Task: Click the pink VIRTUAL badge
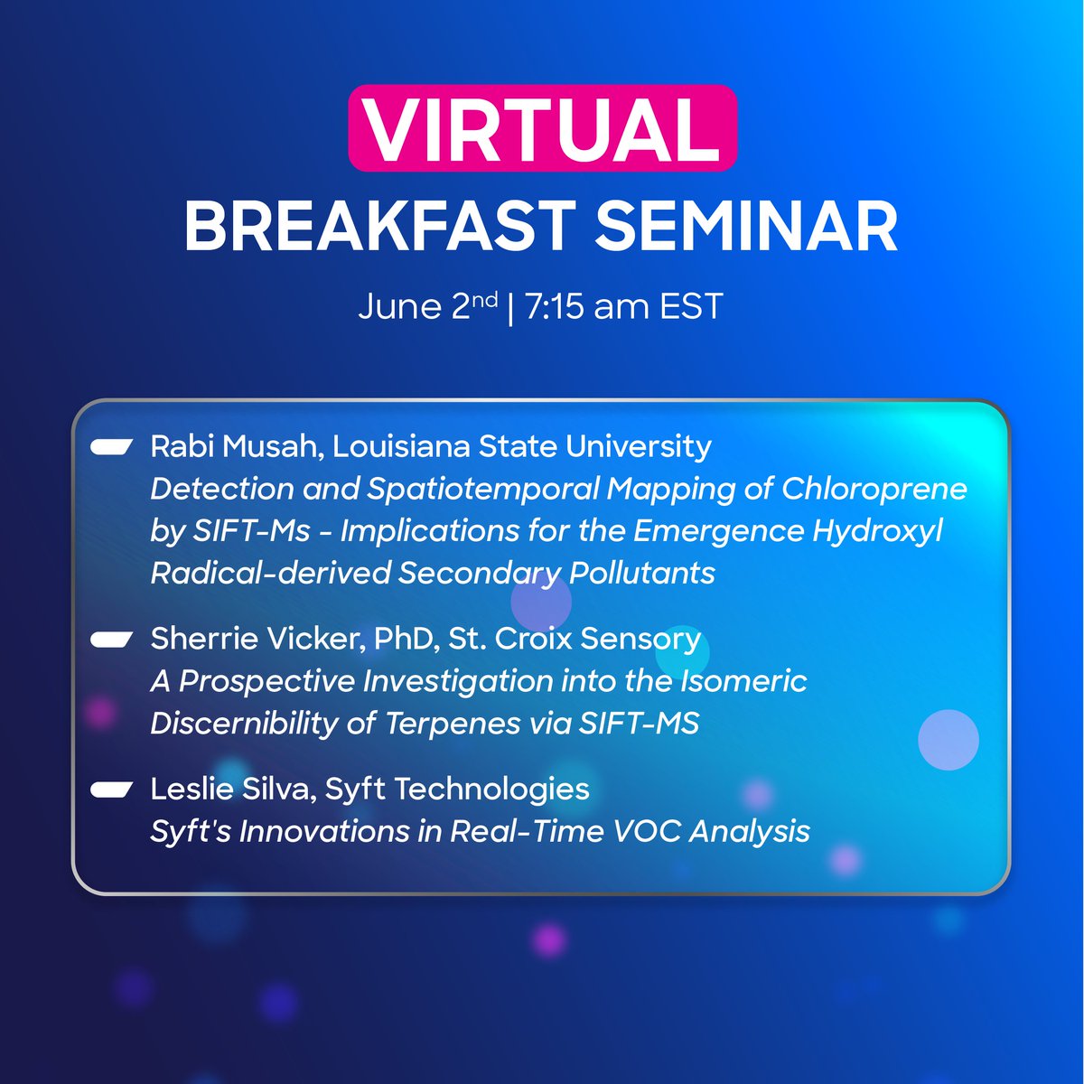pos(542,128)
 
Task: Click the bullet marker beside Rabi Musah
pos(112,446)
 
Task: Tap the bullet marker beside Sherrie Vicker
pos(112,639)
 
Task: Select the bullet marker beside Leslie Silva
pos(112,789)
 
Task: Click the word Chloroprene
pos(874,489)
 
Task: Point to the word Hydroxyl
pos(877,531)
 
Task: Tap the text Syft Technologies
pos(457,789)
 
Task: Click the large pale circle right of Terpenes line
pos(948,740)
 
